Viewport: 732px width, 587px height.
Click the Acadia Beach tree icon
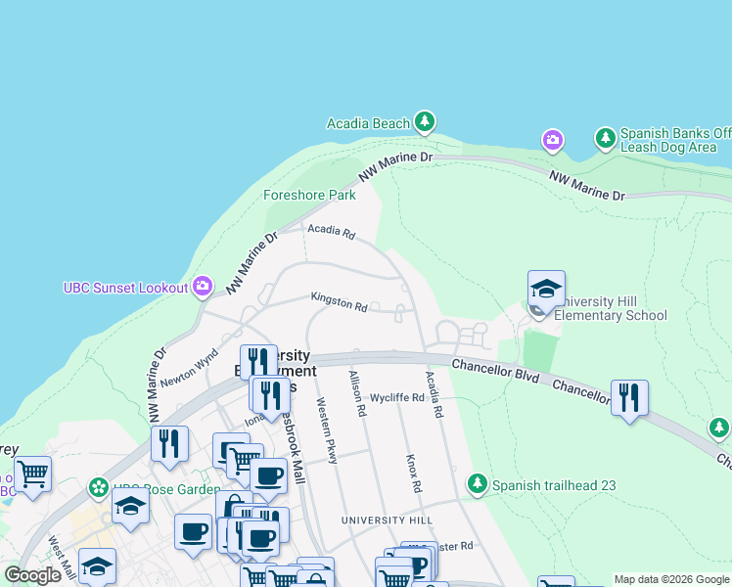click(424, 122)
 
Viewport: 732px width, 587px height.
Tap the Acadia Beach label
click(368, 123)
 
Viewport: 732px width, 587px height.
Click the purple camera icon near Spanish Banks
click(553, 141)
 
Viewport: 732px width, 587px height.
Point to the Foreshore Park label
click(309, 195)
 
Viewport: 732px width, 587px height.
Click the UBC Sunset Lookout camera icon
click(203, 287)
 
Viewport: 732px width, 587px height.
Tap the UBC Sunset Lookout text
click(125, 288)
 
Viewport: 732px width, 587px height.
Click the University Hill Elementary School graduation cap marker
click(546, 289)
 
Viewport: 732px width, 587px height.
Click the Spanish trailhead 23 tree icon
click(478, 484)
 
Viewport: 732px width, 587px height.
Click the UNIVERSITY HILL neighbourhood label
click(386, 519)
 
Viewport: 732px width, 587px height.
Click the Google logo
click(32, 575)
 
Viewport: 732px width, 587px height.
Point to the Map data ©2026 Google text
click(671, 579)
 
